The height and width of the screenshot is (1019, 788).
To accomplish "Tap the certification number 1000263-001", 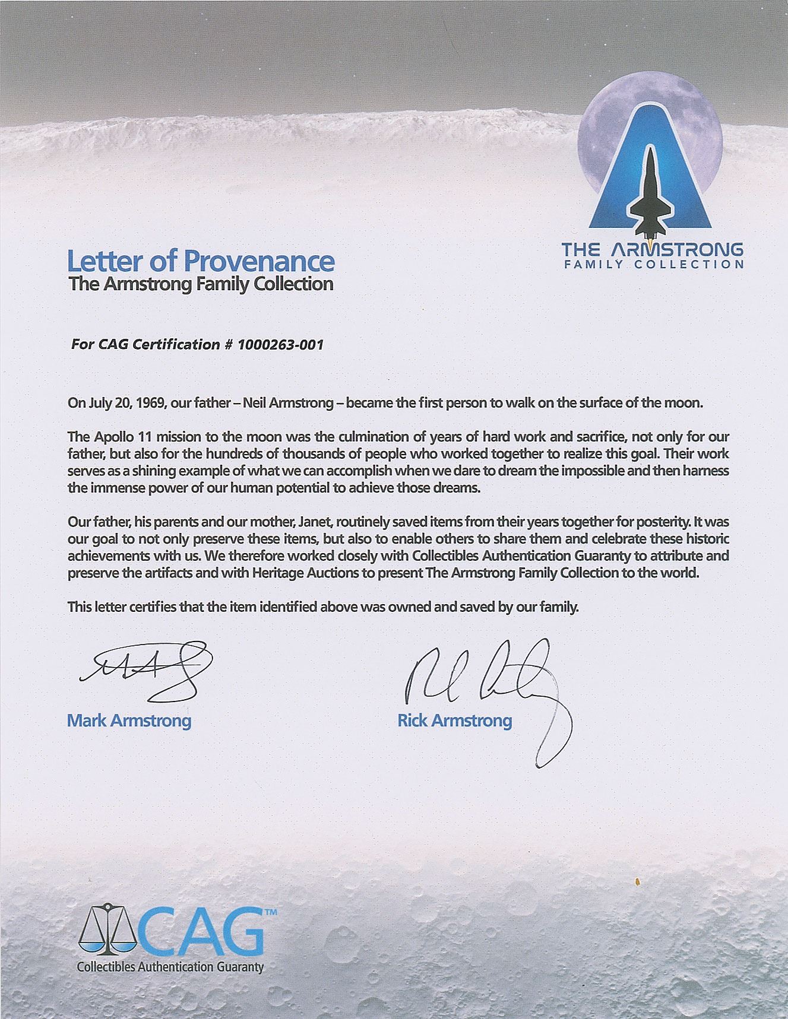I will [280, 345].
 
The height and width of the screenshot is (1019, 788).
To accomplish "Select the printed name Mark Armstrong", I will [129, 720].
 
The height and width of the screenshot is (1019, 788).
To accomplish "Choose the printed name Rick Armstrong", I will [454, 720].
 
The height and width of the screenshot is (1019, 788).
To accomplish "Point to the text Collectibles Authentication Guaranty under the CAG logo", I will [170, 967].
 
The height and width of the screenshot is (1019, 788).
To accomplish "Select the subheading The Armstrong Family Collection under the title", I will [201, 284].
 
